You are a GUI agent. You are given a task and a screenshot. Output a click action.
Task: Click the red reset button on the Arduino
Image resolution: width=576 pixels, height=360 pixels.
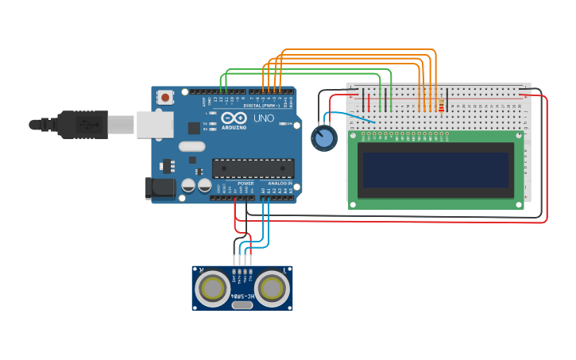(165, 98)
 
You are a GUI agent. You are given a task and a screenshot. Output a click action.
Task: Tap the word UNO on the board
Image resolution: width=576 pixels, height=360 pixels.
(263, 118)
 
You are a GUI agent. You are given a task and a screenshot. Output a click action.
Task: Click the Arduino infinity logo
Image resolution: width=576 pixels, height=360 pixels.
(234, 118)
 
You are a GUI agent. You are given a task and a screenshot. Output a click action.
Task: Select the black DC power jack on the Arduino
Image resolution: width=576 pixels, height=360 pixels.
(159, 188)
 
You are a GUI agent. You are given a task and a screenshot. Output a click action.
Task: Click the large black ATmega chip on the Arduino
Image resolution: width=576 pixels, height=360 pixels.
(253, 168)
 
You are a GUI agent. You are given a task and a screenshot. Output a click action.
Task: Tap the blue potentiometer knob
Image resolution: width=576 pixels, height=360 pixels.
(323, 139)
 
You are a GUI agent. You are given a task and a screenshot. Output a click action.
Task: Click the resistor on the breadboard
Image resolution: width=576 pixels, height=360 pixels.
(442, 103)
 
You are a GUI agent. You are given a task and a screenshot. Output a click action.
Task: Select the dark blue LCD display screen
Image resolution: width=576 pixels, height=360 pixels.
(435, 170)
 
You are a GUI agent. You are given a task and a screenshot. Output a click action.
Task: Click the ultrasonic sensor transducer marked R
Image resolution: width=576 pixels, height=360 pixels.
(213, 288)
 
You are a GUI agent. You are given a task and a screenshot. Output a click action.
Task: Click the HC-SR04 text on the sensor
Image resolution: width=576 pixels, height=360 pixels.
(242, 296)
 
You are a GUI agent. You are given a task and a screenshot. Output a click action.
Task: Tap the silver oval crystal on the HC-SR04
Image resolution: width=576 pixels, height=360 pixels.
(242, 304)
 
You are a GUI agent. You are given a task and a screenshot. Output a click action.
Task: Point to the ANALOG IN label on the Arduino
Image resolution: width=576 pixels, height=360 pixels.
(279, 184)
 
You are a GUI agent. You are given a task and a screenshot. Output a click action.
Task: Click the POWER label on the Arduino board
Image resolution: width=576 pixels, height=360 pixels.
(245, 184)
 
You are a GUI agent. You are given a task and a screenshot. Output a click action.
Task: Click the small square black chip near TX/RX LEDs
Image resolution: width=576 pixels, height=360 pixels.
(194, 127)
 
